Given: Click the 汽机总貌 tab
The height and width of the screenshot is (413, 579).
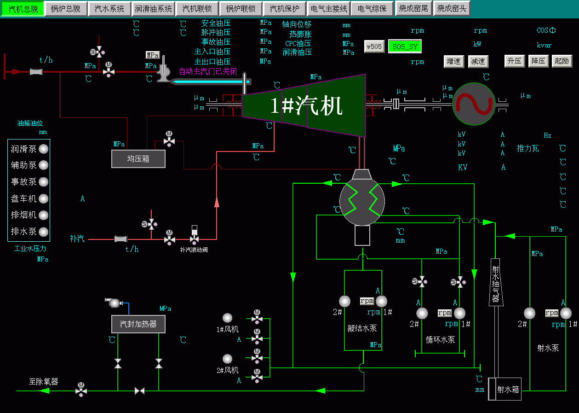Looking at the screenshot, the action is click(23, 9).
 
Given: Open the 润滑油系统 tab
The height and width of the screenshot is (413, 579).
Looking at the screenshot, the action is click(153, 9).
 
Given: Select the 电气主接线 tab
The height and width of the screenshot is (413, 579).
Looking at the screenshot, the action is click(328, 9).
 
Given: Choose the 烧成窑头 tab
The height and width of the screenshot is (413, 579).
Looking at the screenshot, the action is click(452, 9).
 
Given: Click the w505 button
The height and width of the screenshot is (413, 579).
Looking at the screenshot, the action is click(374, 47).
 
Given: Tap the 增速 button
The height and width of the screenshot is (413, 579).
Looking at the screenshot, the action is click(453, 61).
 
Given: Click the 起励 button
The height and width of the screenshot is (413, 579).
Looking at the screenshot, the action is click(562, 61).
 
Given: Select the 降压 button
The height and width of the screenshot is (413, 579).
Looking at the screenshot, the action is click(538, 61).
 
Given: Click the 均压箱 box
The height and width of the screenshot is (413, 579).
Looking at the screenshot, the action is click(138, 159).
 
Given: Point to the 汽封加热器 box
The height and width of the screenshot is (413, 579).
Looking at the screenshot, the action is click(138, 324).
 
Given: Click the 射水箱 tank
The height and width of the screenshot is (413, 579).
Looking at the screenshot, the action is click(504, 389).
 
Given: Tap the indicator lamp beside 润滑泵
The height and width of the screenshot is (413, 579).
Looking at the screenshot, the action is click(43, 149).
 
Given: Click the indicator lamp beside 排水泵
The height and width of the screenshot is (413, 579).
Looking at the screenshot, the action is click(43, 232).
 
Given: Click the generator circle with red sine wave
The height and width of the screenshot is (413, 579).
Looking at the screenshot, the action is click(474, 104).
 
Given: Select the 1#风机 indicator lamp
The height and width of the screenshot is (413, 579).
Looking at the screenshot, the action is click(228, 318).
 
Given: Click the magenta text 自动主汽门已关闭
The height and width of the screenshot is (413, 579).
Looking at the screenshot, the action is click(208, 71).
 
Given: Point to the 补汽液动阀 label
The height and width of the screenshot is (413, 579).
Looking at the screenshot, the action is click(194, 250).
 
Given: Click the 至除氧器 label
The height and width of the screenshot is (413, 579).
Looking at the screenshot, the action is click(43, 381).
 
